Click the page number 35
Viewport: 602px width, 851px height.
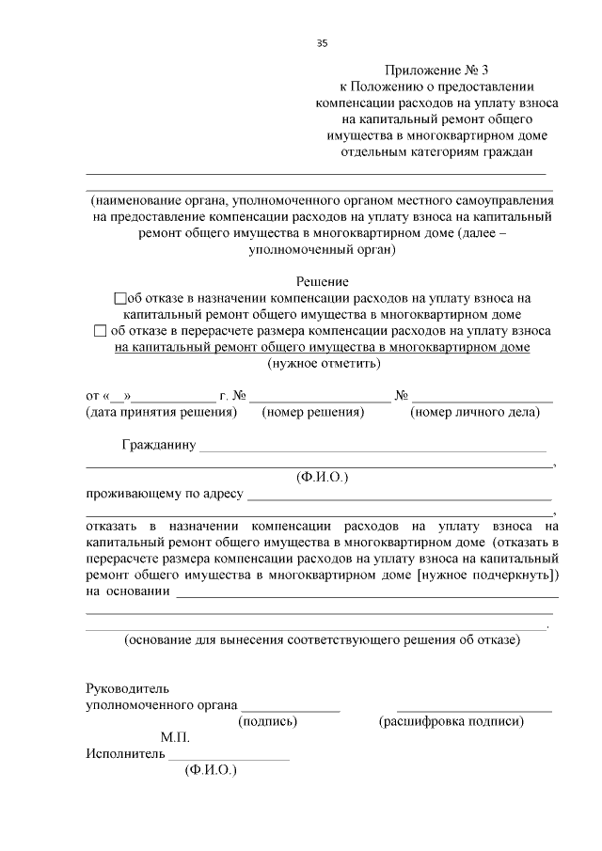(323, 43)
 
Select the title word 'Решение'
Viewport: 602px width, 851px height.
(323, 281)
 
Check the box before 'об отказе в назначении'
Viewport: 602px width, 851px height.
(119, 298)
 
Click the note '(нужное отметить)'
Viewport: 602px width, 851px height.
(324, 363)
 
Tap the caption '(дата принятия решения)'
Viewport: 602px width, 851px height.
(161, 412)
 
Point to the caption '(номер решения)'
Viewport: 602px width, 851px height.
(312, 412)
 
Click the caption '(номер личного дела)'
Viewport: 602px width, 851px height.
(482, 412)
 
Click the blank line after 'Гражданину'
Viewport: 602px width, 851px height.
(372, 449)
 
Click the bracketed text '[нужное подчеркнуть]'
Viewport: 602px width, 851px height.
(488, 575)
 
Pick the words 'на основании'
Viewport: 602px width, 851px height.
(128, 591)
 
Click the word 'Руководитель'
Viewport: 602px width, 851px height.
(128, 688)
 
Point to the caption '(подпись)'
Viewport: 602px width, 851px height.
(269, 722)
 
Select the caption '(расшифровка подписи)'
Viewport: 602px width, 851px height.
(451, 722)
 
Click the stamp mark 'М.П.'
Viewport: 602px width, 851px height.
(175, 738)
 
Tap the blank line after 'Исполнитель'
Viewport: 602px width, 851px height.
(230, 758)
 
